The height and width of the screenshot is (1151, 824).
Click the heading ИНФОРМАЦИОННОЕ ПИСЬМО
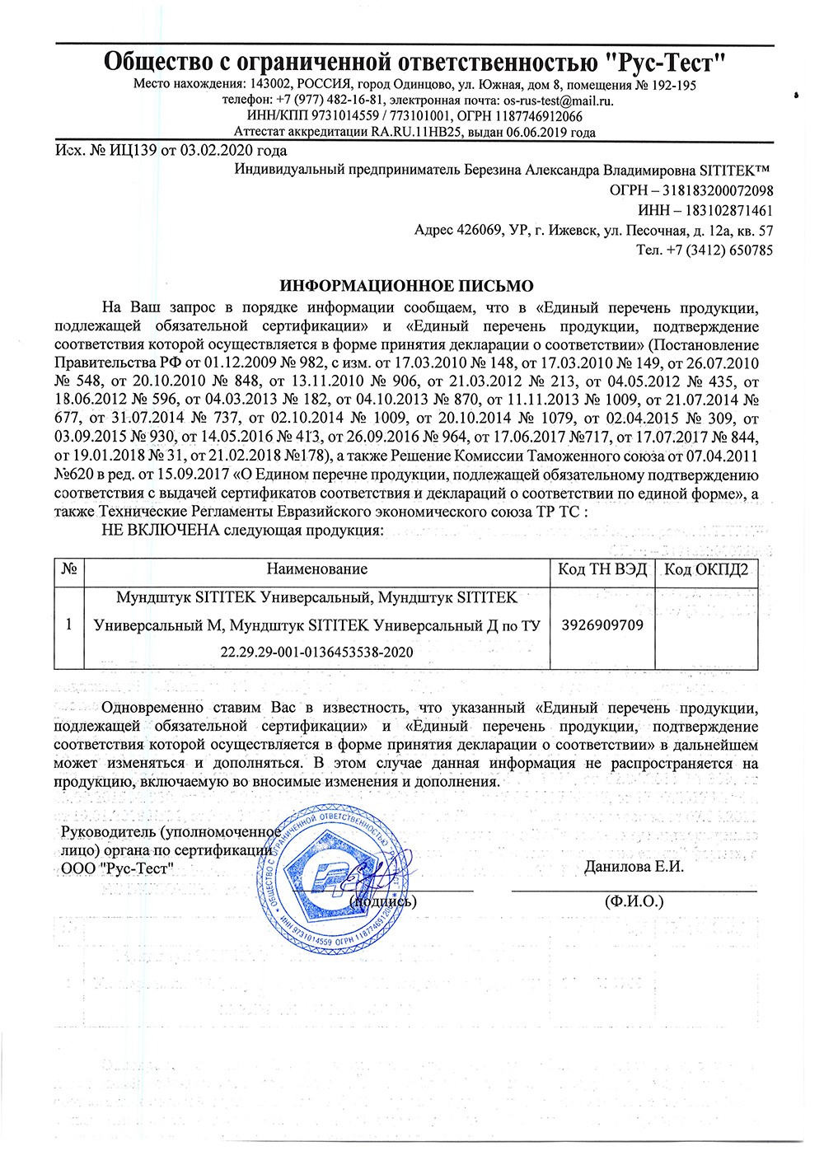[406, 287]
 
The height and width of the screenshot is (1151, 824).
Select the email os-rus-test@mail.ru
[558, 101]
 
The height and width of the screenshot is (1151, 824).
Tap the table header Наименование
[316, 569]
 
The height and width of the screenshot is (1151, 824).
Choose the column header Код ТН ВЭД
[602, 569]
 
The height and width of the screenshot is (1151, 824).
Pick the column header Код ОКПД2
[706, 569]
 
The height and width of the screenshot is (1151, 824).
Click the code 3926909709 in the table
[602, 625]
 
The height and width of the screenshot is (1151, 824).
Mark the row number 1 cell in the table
[69, 624]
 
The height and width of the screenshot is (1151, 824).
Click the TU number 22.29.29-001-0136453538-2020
[316, 652]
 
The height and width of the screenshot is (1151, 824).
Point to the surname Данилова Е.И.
[634, 867]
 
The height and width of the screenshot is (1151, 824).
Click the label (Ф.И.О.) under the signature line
[634, 901]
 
